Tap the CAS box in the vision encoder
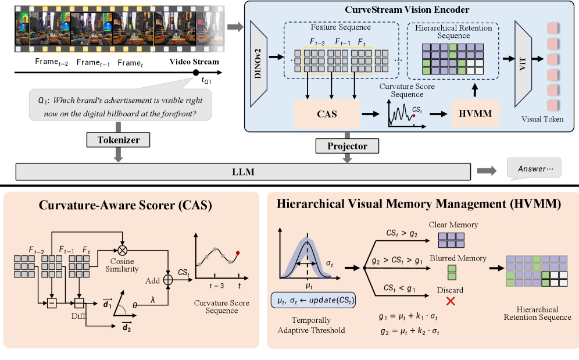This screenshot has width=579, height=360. (x=327, y=112)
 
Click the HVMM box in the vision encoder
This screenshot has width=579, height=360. (x=475, y=113)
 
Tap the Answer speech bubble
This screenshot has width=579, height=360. (x=534, y=169)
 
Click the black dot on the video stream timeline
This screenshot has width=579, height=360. (x=196, y=72)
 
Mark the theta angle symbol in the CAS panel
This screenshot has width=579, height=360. (x=134, y=303)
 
